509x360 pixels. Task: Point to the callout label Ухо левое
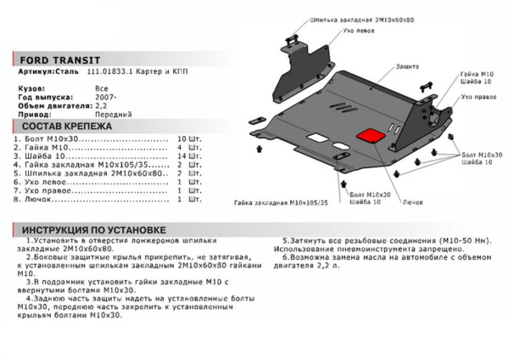pyautogui.click(x=333, y=30)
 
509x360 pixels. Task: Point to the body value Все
pyautogui.click(x=101, y=87)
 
